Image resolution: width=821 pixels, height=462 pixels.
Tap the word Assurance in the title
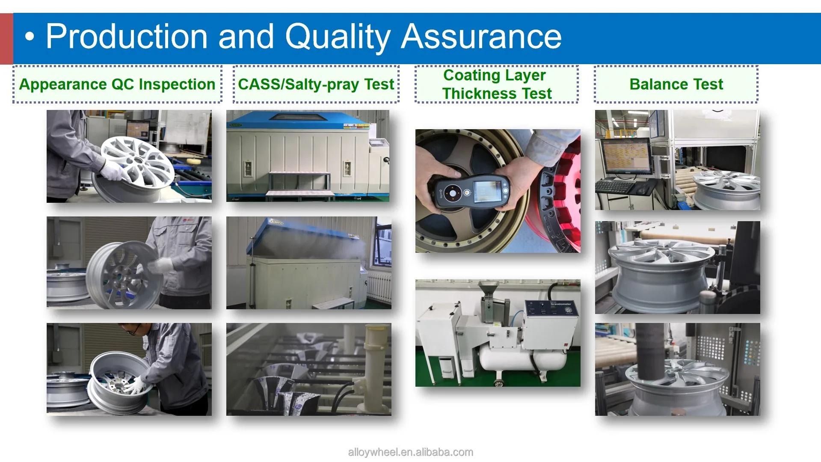(481, 37)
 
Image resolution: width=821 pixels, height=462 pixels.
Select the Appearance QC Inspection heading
(117, 84)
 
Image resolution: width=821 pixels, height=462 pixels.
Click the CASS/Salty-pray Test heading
(316, 84)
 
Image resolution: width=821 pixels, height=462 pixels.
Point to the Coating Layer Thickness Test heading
(497, 84)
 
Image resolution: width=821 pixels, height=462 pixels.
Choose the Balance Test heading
(676, 84)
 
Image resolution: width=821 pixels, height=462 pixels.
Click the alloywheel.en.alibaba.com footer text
(410, 452)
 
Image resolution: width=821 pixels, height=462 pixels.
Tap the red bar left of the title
(6, 38)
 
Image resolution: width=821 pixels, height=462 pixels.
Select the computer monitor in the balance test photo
(627, 156)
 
